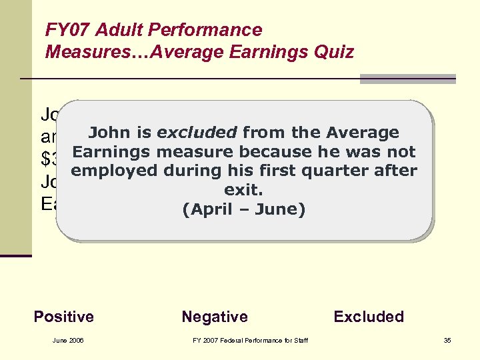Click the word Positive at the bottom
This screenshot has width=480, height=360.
coord(63,317)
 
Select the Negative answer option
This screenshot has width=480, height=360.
coord(215,317)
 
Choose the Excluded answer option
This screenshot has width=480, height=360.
coord(369,317)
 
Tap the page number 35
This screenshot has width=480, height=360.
coord(447,341)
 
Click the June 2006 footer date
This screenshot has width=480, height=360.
coord(68,341)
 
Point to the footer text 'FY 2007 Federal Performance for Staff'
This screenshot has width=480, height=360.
coord(250,341)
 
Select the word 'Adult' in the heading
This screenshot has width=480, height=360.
coord(115,30)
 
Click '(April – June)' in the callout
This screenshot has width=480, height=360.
coord(243,210)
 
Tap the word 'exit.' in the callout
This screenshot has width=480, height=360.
coord(243,190)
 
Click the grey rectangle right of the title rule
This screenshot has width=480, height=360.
coord(407,79)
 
